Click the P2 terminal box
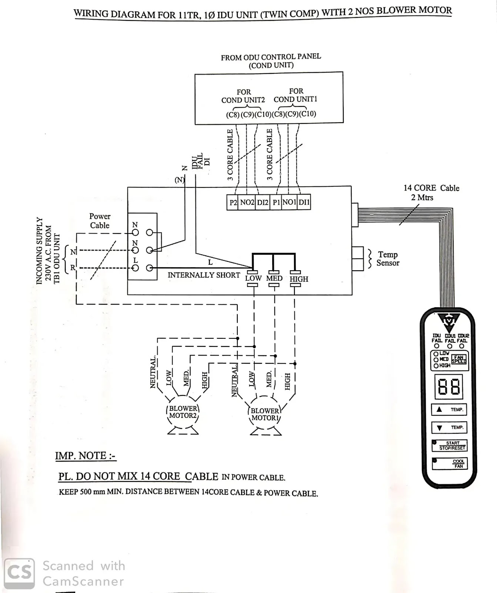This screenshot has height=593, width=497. (x=233, y=202)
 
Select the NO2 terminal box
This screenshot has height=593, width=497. (x=247, y=202)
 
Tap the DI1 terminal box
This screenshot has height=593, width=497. (x=304, y=202)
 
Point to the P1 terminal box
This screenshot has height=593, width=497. (x=276, y=202)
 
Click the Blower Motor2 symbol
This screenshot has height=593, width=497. (x=183, y=413)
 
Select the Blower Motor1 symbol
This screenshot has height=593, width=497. (x=265, y=415)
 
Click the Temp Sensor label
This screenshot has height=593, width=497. (x=387, y=259)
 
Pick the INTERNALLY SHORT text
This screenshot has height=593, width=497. (x=204, y=275)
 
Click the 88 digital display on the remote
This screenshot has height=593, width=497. (x=449, y=387)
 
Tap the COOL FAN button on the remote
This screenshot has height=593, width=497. (x=450, y=464)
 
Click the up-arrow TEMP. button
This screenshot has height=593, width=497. (x=449, y=410)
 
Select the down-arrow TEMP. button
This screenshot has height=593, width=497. (x=449, y=427)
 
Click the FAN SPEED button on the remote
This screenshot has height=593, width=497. (x=458, y=360)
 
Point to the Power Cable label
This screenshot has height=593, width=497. (x=100, y=221)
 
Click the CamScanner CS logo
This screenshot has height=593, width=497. (x=19, y=573)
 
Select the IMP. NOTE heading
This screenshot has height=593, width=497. (x=86, y=455)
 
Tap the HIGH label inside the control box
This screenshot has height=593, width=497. (x=299, y=279)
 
